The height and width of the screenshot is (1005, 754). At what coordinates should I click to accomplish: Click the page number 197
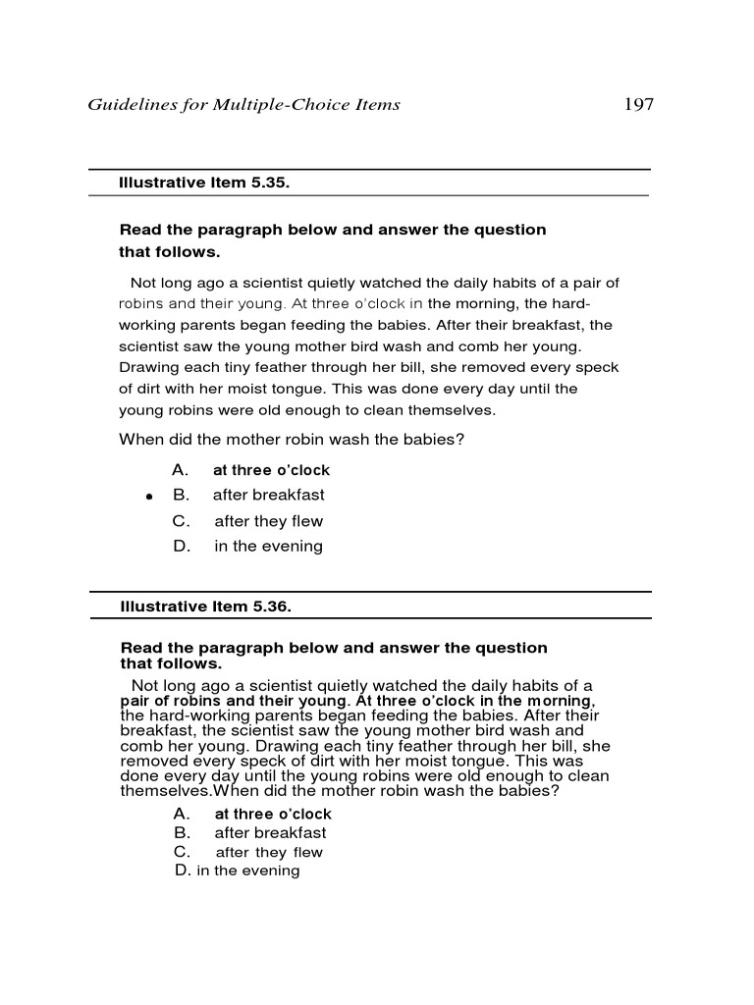point(638,104)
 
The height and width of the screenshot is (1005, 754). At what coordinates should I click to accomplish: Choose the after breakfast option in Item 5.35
point(269,496)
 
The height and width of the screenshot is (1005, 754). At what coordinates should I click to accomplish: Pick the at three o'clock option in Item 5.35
point(272,470)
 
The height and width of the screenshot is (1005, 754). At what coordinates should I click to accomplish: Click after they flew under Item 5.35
point(268,521)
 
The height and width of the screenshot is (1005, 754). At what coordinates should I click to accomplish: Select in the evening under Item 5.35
point(268,547)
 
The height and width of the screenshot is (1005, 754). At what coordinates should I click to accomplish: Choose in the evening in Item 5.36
point(248,871)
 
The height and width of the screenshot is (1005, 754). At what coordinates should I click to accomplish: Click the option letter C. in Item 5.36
point(182,852)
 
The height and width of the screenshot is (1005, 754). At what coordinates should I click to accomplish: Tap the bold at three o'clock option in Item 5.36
point(273,814)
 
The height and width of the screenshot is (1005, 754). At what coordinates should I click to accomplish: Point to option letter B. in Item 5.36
point(182,833)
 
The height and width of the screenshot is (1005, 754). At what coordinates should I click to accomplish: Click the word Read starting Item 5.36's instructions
point(138,648)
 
